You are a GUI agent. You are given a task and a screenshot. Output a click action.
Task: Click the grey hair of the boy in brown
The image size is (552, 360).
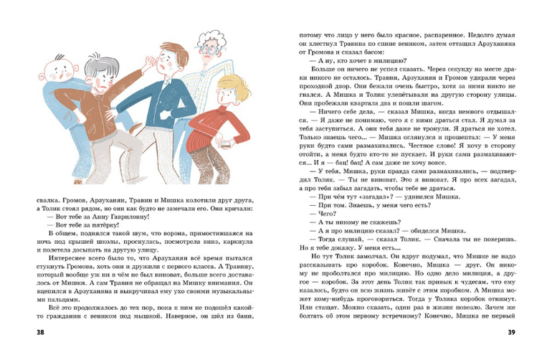click(x=100, y=68)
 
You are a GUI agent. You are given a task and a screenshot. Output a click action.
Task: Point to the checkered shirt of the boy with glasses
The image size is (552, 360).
click(x=197, y=86)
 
